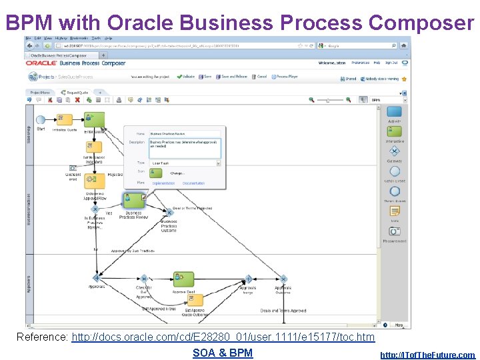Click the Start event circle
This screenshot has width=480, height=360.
pyautogui.click(x=41, y=119)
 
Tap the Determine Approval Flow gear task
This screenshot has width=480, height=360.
pyautogui.click(x=94, y=180)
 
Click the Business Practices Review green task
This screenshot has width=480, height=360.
pyautogui.click(x=133, y=200)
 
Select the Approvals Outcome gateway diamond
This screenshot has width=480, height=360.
pyautogui.click(x=283, y=278)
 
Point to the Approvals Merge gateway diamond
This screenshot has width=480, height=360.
pyautogui.click(x=248, y=278)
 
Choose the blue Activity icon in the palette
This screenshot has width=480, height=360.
pyautogui.click(x=395, y=112)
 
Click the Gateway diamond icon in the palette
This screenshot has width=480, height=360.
pyautogui.click(x=395, y=151)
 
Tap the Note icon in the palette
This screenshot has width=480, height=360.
pyautogui.click(x=395, y=211)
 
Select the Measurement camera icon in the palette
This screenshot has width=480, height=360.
pyautogui.click(x=395, y=231)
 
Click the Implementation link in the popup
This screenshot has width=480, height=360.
pyautogui.click(x=163, y=183)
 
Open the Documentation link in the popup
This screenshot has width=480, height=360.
pyautogui.click(x=193, y=183)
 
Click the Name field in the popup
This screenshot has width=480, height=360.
pyautogui.click(x=185, y=133)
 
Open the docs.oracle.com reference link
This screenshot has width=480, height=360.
pyautogui.click(x=223, y=337)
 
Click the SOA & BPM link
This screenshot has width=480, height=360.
pyautogui.click(x=223, y=353)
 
